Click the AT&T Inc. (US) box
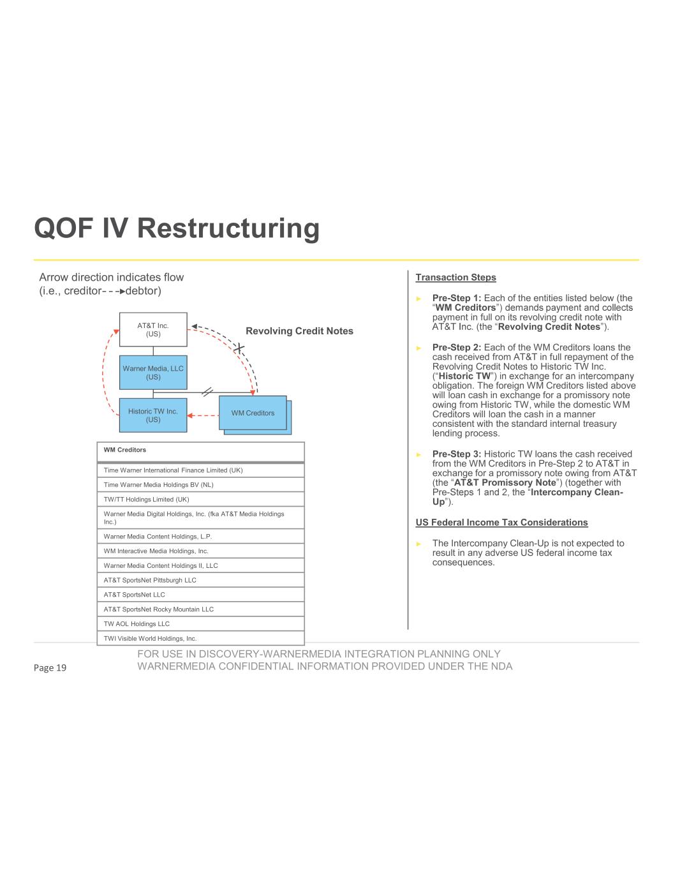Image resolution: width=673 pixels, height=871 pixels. pos(153,329)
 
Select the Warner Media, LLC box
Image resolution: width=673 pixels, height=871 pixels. pos(153,373)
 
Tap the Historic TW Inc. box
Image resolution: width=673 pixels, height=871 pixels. pos(153,415)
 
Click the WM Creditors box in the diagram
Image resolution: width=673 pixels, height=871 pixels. pos(253,413)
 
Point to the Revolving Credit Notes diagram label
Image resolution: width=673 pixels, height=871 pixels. pos(299,331)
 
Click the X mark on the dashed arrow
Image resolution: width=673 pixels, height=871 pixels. pos(239,348)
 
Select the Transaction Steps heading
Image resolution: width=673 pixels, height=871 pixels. pos(455,278)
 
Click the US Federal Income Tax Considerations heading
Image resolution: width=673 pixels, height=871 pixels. pos(501,523)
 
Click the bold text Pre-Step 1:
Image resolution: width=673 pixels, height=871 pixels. pos(457,298)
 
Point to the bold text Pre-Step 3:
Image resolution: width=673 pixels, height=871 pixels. pos(457,454)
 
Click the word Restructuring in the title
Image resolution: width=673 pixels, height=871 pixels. pos(228,228)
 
